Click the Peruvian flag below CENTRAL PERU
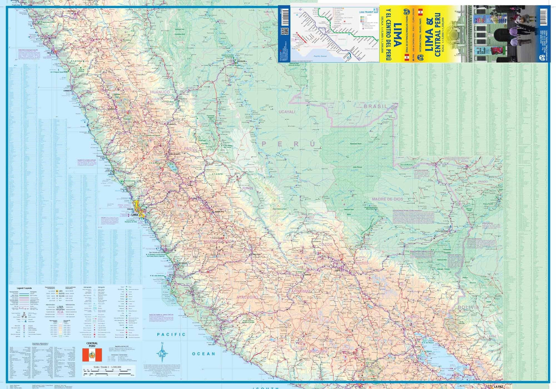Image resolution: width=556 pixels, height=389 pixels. [92, 355]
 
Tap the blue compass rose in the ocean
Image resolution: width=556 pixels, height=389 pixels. [162, 353]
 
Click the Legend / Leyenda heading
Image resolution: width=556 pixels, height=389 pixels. [24, 288]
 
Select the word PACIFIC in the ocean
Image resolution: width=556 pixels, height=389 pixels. [171, 335]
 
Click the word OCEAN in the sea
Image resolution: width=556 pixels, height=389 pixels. [203, 354]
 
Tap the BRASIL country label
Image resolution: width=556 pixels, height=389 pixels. [375, 106]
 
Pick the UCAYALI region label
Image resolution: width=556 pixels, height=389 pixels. [287, 112]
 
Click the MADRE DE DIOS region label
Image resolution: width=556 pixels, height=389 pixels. [387, 199]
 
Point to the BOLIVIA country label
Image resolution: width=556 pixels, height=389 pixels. [468, 307]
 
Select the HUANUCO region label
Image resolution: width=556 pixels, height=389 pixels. [160, 92]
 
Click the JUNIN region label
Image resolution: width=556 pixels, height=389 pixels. [247, 188]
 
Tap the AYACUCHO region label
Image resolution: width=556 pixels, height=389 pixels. [247, 297]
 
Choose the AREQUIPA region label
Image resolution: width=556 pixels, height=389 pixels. [318, 351]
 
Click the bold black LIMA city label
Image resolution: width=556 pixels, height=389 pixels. [135, 215]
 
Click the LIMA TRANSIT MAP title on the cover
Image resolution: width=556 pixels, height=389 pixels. [368, 12]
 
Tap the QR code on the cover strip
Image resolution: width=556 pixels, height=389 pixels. [285, 31]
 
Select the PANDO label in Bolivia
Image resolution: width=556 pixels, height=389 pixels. [483, 182]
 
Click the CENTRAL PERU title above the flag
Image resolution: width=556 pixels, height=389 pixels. [92, 345]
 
